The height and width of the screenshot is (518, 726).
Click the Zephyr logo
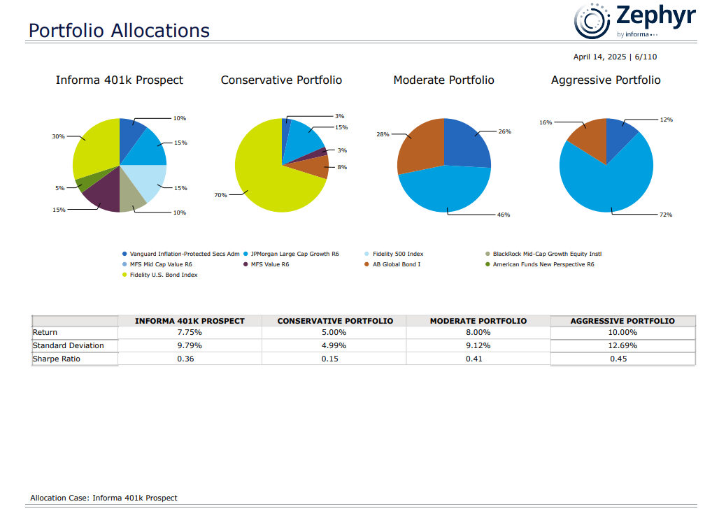634,20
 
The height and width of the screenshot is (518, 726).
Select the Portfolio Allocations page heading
119,31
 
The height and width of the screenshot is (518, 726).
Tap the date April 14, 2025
599,57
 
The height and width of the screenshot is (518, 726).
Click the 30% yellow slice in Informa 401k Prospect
94,150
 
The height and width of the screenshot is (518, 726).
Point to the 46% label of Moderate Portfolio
503,215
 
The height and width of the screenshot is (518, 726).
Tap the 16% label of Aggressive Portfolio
546,122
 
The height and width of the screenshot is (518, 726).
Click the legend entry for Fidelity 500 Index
397,254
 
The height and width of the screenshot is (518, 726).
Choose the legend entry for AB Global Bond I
396,264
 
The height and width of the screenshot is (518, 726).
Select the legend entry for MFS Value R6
269,264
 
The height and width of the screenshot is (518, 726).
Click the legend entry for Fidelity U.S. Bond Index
163,275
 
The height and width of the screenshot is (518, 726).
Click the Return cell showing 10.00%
622,333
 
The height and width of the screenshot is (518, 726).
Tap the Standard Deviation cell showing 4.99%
334,345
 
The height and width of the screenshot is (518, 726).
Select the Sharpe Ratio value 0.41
478,359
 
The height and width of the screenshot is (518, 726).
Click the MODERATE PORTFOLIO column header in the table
478,321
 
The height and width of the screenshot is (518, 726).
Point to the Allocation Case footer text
104,498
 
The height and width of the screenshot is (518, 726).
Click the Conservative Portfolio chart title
281,80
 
